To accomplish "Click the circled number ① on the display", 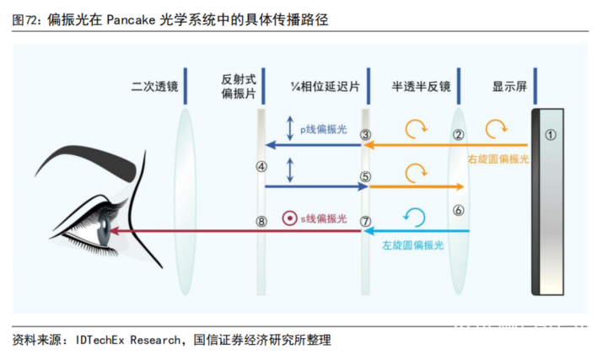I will click(x=550, y=134).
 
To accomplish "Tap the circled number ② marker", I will click(x=459, y=135).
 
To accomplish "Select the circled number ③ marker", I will click(x=365, y=135).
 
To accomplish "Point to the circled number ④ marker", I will click(x=261, y=167).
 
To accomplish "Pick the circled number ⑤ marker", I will click(x=365, y=178).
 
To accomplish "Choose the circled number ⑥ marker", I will click(x=459, y=210).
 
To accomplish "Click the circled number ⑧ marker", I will click(x=261, y=221).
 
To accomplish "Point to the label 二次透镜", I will click(x=154, y=87).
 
